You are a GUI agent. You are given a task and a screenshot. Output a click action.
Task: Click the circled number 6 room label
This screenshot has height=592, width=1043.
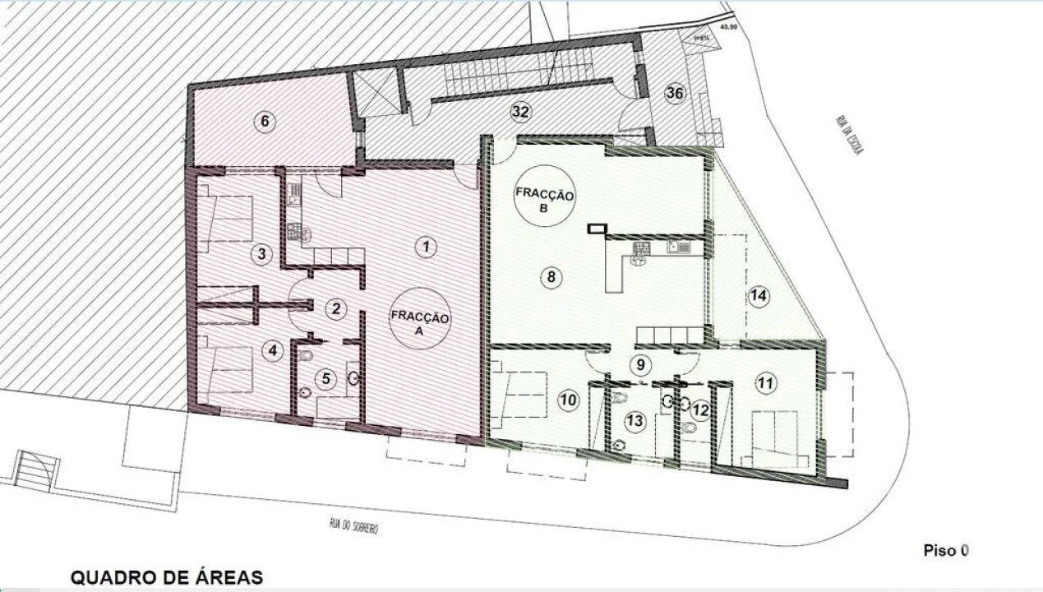coord(264,123)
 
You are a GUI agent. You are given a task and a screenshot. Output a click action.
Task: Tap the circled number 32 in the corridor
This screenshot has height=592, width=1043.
coord(520,111)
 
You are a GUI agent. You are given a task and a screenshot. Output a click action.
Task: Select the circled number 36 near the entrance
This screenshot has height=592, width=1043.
coord(674,93)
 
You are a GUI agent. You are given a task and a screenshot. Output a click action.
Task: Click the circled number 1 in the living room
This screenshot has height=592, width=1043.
coord(424,245)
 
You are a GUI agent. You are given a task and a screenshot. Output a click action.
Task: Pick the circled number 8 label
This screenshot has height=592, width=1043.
coord(551,277)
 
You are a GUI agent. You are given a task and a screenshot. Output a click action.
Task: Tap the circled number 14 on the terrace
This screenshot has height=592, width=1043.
coord(759,297)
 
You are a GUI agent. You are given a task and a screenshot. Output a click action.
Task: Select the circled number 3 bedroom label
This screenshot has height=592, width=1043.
coord(261,254)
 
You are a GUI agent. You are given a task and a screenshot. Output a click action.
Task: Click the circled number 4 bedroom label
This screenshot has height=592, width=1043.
coord(272,350)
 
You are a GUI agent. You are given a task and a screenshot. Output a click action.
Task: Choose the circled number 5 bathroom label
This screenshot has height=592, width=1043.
coord(326,379)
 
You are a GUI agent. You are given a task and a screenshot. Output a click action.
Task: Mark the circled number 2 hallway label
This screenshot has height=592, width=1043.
coord(335,309)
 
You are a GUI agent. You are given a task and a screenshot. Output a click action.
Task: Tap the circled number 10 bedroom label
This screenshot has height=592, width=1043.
coord(568,400)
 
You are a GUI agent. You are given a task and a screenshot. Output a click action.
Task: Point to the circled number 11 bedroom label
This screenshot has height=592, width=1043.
coord(765,382)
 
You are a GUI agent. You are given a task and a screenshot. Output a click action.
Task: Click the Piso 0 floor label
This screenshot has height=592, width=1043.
coord(945,550)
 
